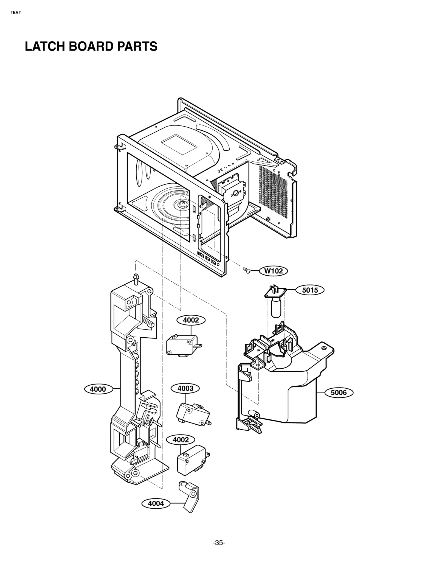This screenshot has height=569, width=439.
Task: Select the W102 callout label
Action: [x=273, y=271]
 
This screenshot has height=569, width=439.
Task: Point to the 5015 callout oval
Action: [x=310, y=290]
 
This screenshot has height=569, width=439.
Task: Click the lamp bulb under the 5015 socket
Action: [x=276, y=309]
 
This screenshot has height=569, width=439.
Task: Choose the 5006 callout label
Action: [x=339, y=393]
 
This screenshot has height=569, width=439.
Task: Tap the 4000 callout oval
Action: [x=98, y=389]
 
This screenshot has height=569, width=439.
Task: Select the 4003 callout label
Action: [x=185, y=388]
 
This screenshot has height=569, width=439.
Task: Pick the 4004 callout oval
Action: [x=156, y=503]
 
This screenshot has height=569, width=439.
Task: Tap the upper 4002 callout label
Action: [x=191, y=320]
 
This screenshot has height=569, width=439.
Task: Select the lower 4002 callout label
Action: [x=181, y=440]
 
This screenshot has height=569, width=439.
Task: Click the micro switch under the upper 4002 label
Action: [x=182, y=345]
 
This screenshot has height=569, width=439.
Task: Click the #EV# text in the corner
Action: [x=15, y=13]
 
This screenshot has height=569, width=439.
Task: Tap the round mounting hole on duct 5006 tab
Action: [x=325, y=348]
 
